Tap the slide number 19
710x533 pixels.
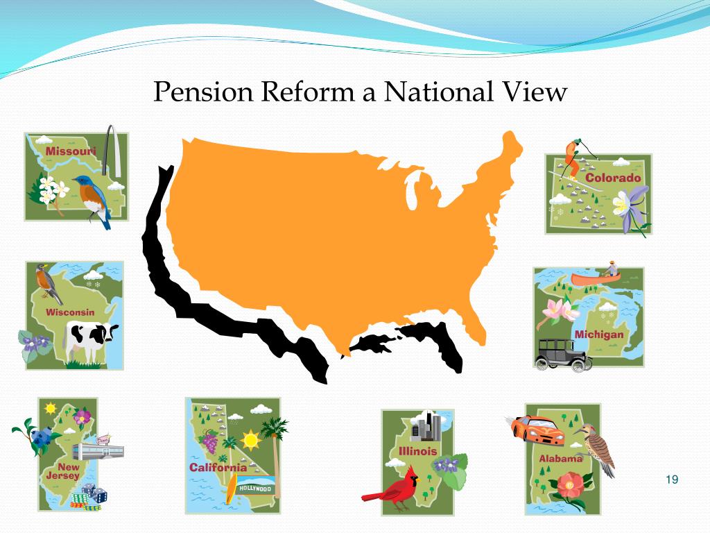(x=670, y=480)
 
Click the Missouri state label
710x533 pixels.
(x=70, y=151)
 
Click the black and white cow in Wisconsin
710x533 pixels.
(x=90, y=340)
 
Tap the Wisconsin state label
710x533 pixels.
(x=70, y=312)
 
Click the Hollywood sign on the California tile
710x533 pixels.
(x=257, y=488)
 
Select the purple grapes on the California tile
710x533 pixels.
(x=209, y=439)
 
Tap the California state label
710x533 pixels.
(x=218, y=467)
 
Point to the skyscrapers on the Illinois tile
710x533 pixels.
(x=426, y=425)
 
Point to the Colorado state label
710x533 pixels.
(x=613, y=178)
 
